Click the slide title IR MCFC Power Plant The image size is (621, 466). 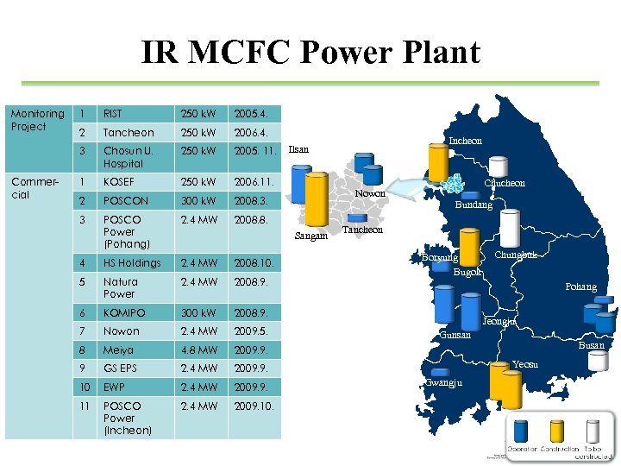[310, 54]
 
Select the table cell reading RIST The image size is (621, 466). [112, 114]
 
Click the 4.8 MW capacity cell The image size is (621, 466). [198, 351]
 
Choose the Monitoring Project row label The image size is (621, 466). [37, 120]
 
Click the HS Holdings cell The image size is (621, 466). [132, 263]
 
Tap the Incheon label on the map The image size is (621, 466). [465, 140]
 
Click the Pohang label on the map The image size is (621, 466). [580, 287]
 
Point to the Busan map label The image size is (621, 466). [592, 345]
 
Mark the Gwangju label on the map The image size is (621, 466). [445, 382]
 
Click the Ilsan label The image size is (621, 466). [298, 150]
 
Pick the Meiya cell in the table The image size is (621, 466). [118, 351]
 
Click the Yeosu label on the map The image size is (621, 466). [524, 364]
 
